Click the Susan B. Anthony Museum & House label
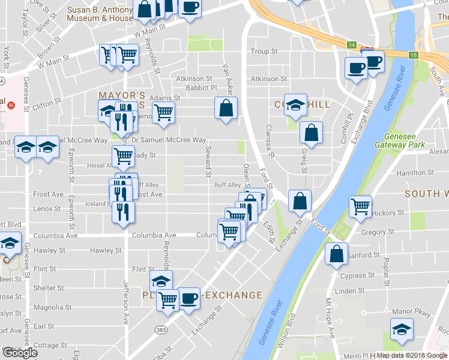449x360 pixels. (x=100, y=14)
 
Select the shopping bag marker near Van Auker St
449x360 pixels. (x=226, y=109)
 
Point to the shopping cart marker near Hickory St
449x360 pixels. (x=361, y=206)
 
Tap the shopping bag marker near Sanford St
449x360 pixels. (x=337, y=254)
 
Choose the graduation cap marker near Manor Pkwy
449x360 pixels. (x=402, y=329)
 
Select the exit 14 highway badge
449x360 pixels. (x=352, y=45)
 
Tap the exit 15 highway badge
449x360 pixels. (x=413, y=55)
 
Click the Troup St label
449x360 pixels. (x=264, y=52)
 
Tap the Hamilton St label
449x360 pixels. (x=411, y=173)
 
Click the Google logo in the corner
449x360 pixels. (x=20, y=353)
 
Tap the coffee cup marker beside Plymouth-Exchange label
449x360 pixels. (x=190, y=299)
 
